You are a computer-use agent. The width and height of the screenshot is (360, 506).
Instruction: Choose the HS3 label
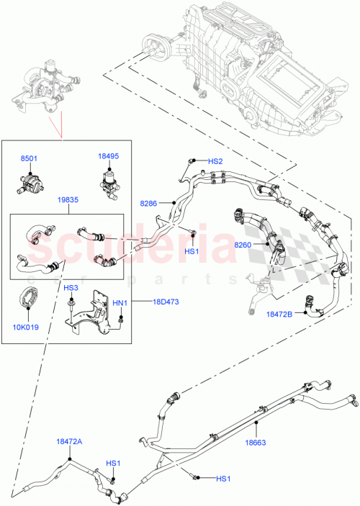click(71, 288)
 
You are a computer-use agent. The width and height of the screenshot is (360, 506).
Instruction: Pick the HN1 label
click(120, 303)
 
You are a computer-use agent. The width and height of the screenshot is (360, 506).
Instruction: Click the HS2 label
click(215, 162)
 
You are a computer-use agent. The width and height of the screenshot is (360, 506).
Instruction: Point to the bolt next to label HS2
click(193, 161)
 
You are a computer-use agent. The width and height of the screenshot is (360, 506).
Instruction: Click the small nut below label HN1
click(122, 317)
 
